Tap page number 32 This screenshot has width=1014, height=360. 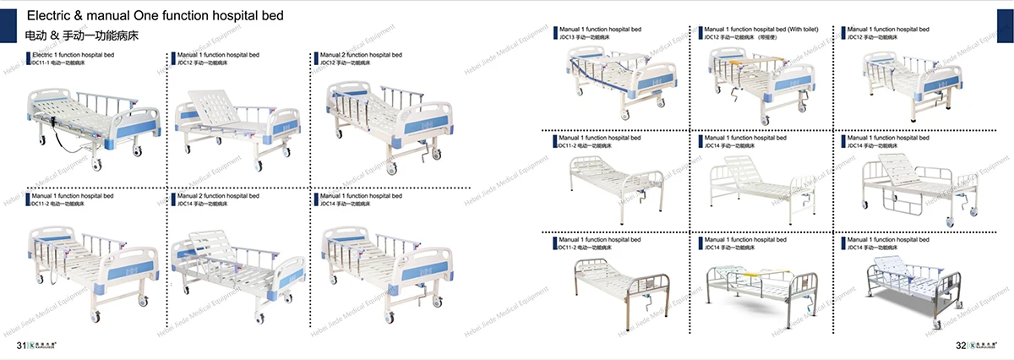click(960, 346)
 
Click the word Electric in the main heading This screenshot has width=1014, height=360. click(50, 16)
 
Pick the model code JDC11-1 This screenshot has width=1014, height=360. click(39, 63)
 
